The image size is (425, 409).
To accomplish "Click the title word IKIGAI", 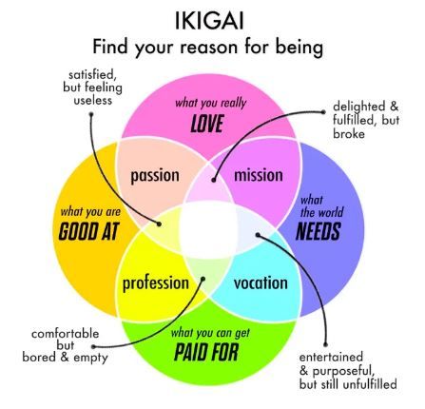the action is point(209,21).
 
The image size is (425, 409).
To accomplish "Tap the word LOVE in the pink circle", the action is point(207,124).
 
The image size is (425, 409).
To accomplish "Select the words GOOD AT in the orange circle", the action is point(88,231).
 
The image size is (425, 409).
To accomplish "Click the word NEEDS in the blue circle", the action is point(319,231).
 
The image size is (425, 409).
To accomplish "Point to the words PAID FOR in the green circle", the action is point(206,352).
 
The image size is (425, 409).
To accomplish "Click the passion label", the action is point(155,175).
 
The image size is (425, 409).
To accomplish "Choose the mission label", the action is point(259,175).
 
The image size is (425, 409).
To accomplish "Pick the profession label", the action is point(156,283).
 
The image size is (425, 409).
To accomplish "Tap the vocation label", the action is point(261,282).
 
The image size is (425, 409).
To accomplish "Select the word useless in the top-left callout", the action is point(93,101).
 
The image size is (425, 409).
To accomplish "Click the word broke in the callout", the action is point(349,134).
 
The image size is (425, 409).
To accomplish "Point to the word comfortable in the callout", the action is point(66,334).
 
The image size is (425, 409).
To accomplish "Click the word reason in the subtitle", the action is point(209,47).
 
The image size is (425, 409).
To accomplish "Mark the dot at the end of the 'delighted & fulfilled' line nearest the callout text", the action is point(323,112).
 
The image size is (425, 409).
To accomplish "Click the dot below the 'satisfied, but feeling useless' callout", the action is point(91,114).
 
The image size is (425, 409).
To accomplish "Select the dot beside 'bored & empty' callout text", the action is point(93,347).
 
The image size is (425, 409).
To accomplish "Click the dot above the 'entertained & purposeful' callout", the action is point(325,344).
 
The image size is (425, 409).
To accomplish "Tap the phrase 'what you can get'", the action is point(210,333).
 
